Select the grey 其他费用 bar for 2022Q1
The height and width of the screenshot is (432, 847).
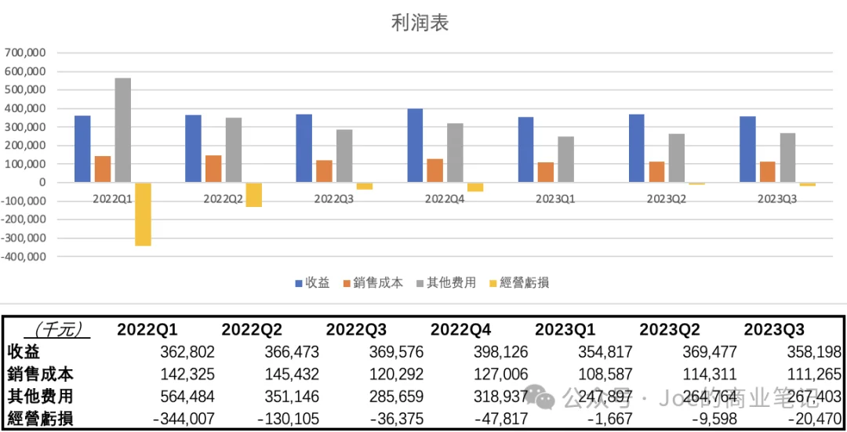click(x=122, y=130)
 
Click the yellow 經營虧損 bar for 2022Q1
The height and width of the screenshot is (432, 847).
click(x=143, y=214)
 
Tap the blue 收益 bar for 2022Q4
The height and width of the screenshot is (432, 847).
click(x=415, y=146)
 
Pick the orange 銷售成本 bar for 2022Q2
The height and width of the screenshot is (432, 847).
click(x=213, y=169)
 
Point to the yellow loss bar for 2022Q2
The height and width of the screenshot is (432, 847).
click(x=253, y=194)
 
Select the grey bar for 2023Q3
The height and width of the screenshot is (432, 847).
click(x=787, y=158)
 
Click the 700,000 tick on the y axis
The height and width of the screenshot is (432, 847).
click(x=25, y=53)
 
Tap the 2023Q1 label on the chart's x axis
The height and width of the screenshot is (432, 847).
click(x=555, y=199)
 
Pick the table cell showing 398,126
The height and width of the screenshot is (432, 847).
click(x=501, y=352)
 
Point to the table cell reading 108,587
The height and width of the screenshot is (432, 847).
click(x=605, y=375)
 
